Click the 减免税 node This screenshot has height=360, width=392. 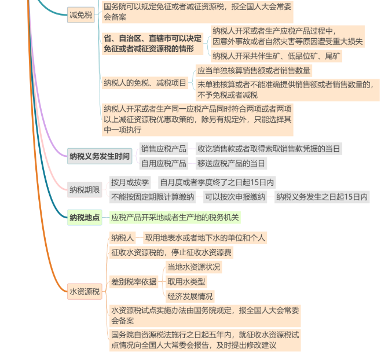(x=80, y=15)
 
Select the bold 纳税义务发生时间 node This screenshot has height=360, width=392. (x=100, y=156)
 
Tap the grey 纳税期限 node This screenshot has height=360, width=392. (x=85, y=190)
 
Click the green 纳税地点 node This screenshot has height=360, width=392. (x=85, y=218)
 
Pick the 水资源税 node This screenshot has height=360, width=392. (x=85, y=291)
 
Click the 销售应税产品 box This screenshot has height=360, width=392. (x=164, y=149)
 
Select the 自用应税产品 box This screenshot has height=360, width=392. (x=164, y=163)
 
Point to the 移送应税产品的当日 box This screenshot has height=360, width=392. (x=231, y=163)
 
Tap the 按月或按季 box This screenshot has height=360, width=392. (x=130, y=182)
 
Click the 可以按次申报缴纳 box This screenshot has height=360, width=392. (x=235, y=197)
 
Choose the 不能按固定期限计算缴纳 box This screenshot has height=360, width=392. (x=152, y=197)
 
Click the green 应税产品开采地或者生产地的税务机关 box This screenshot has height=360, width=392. (x=175, y=218)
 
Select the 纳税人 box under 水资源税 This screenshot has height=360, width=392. (x=123, y=237)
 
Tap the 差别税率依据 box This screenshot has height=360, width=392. (x=134, y=282)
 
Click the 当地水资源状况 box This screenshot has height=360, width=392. (x=194, y=267)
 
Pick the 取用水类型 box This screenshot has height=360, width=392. (x=186, y=282)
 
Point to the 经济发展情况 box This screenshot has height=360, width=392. (x=190, y=296)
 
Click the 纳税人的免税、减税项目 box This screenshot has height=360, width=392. (x=145, y=83)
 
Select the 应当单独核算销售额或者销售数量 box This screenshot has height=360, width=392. (x=254, y=71)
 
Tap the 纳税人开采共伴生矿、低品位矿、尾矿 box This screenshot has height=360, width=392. (x=276, y=56)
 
